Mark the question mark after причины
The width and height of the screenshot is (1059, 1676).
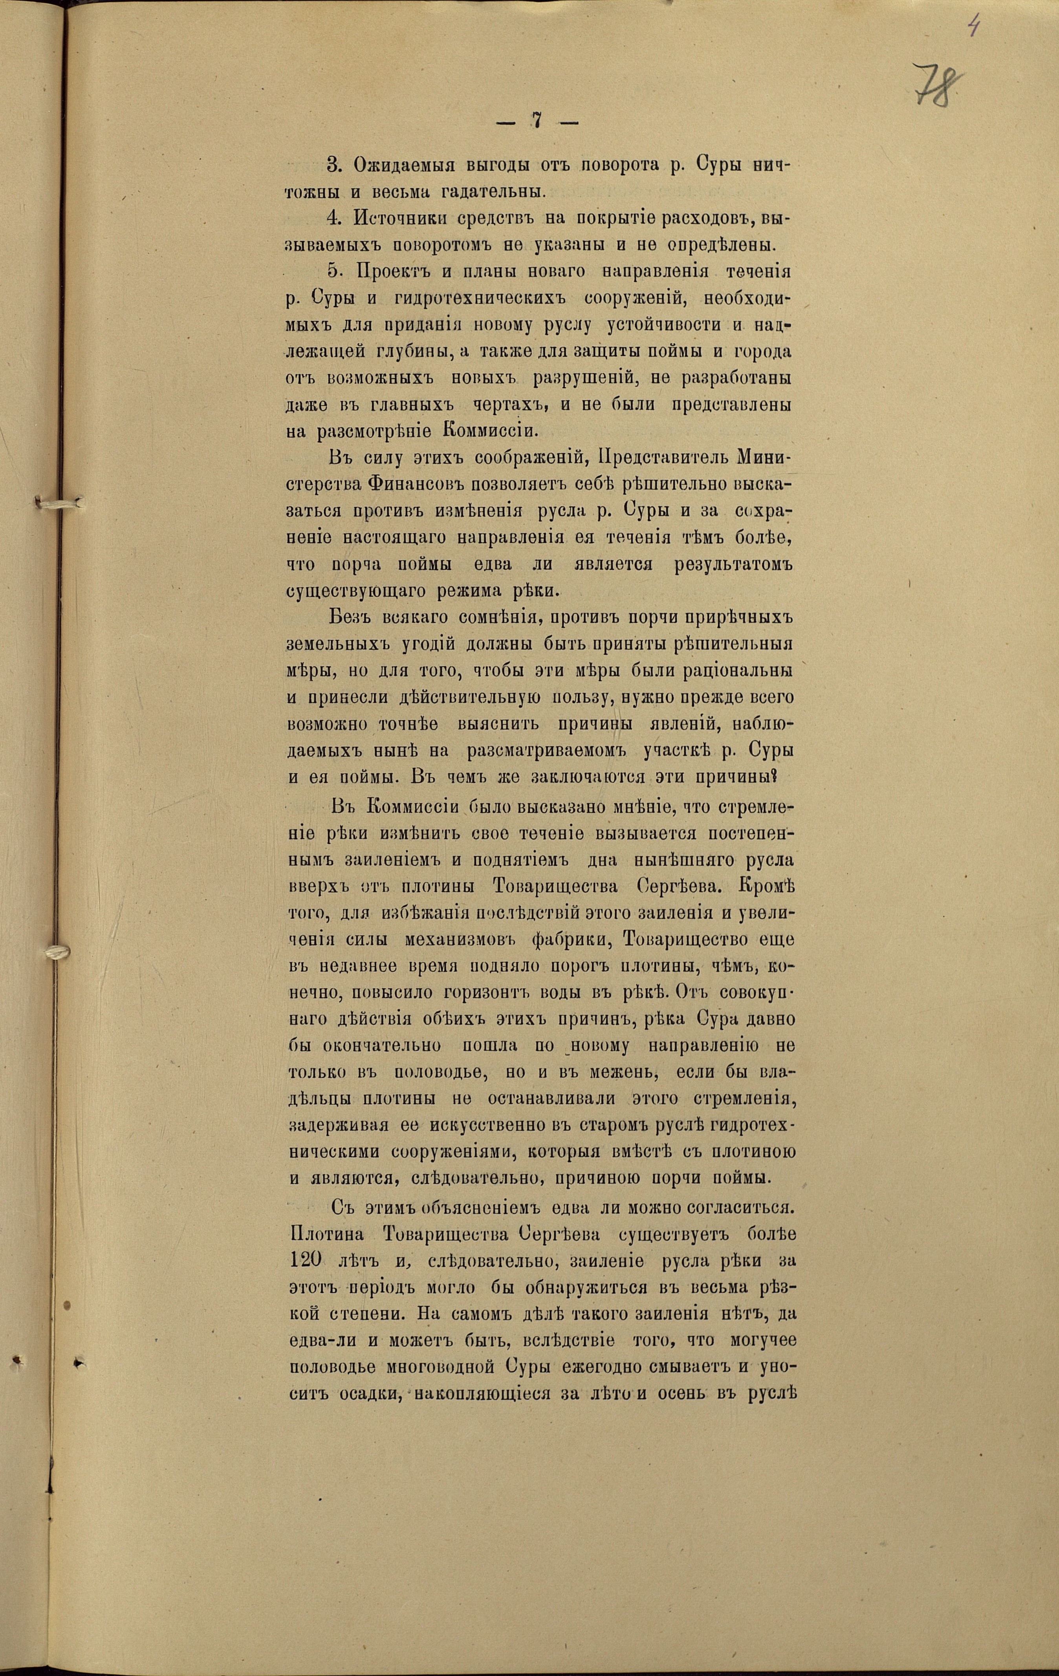792,777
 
